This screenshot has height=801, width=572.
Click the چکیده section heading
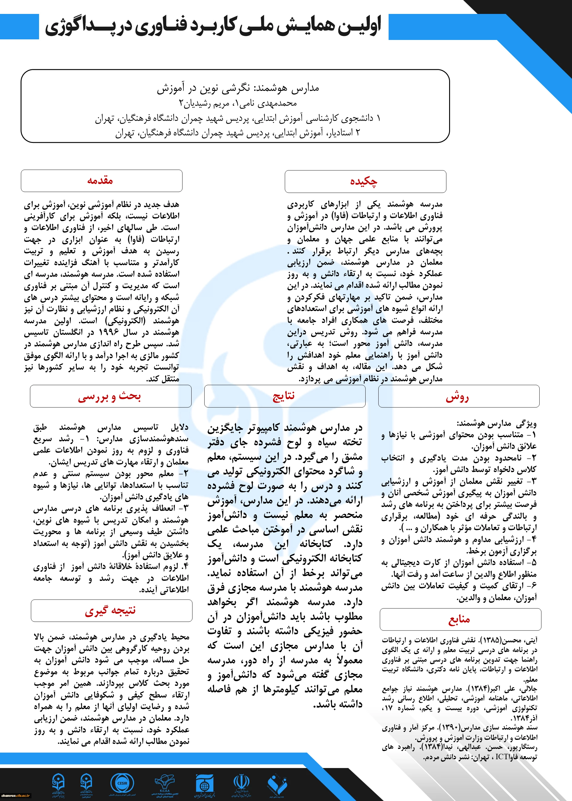pyautogui.click(x=363, y=181)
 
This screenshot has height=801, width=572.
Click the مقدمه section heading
pyautogui.click(x=100, y=181)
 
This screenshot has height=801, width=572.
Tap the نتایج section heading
pyautogui.click(x=284, y=396)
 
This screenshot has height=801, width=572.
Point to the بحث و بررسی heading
pyautogui.click(x=110, y=397)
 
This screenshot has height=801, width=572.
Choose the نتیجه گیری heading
pyautogui.click(x=110, y=610)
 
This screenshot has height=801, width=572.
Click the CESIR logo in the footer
pyautogui.click(x=122, y=783)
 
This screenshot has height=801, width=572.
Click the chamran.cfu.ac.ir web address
pyautogui.click(x=15, y=795)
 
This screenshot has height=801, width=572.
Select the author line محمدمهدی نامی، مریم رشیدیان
pyautogui.click(x=238, y=104)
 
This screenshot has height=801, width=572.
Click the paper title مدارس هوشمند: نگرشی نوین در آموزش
pyautogui.click(x=238, y=88)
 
